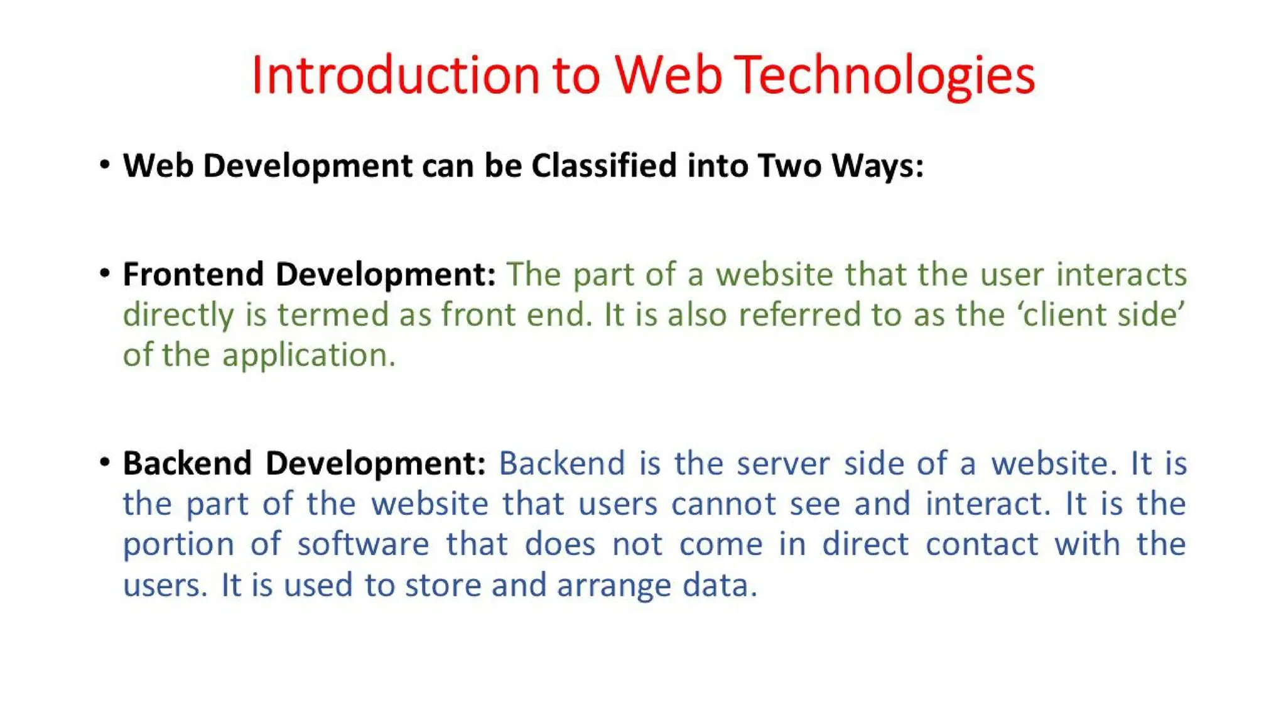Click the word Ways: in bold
878,166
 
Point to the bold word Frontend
193,275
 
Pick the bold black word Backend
187,464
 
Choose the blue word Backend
562,464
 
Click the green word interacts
1121,275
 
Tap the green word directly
178,315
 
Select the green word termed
333,315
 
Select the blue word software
364,544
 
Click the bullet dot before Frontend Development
105,273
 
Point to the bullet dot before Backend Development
105,463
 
